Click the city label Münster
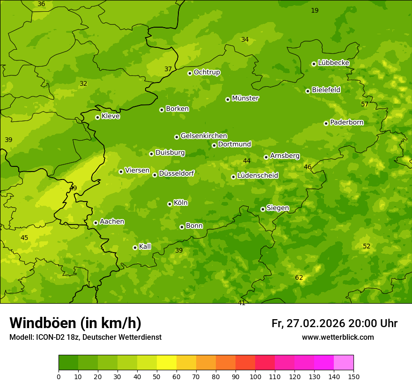[x=245, y=98]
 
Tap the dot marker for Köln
[x=169, y=204]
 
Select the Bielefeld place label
[x=326, y=90]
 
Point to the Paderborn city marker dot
[x=326, y=123]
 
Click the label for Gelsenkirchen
[x=204, y=136]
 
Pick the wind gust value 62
[x=299, y=278]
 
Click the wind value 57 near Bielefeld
[x=364, y=105]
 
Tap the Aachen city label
[x=112, y=222]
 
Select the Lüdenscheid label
[x=257, y=176]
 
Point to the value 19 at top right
[x=315, y=10]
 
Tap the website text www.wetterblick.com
[x=338, y=337]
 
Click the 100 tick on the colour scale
[x=255, y=376]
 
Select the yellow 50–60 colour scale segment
[x=167, y=363]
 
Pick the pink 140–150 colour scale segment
[x=344, y=363]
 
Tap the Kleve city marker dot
[x=97, y=117]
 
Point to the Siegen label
[x=278, y=208]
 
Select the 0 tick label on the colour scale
[x=59, y=376]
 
